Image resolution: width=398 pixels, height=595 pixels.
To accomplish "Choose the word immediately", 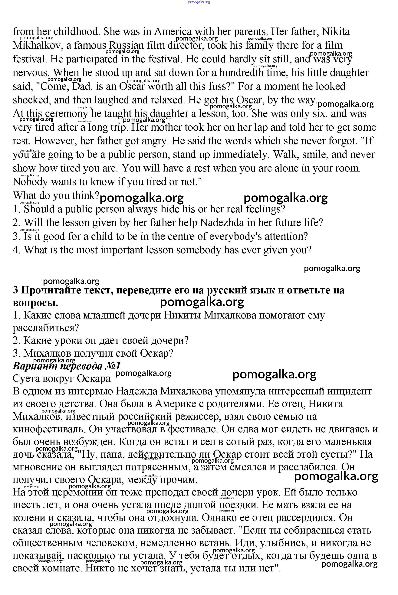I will [241, 155].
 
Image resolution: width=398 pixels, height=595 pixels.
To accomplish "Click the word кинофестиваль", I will [48, 429].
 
